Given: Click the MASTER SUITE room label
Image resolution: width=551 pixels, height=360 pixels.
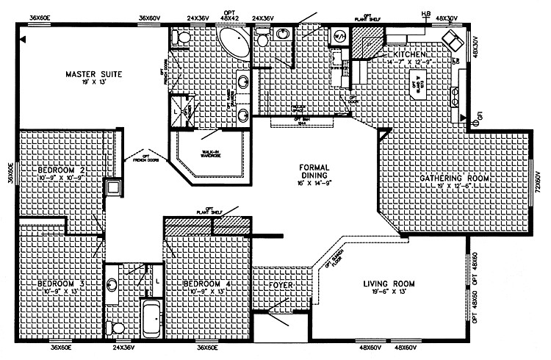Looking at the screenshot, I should [x=93, y=74].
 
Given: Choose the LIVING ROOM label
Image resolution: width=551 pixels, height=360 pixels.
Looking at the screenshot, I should [x=389, y=284].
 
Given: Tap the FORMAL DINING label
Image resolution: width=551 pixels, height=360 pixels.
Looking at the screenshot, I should [x=319, y=171].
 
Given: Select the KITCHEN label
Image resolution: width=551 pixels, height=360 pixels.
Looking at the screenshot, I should [x=408, y=55].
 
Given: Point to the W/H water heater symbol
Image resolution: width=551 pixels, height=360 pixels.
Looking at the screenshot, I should [x=339, y=35].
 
